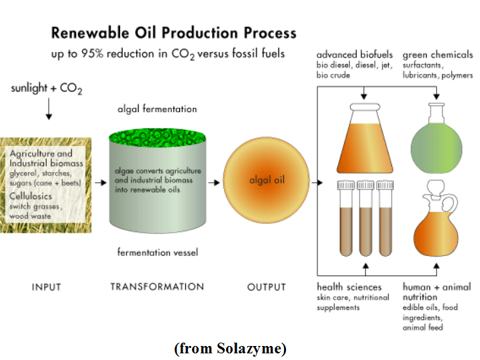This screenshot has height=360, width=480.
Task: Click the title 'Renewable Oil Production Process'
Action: click(x=174, y=33)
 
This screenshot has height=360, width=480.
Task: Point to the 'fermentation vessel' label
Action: click(x=157, y=252)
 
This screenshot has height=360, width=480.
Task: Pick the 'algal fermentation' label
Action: click(x=157, y=108)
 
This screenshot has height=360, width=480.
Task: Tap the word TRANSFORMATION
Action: click(x=157, y=287)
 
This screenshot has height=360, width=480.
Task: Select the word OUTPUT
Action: click(x=267, y=287)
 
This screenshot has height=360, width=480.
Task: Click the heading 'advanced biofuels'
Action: click(x=355, y=54)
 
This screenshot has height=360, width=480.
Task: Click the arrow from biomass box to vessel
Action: click(x=100, y=181)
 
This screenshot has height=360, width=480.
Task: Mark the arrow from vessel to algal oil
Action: click(x=215, y=181)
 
